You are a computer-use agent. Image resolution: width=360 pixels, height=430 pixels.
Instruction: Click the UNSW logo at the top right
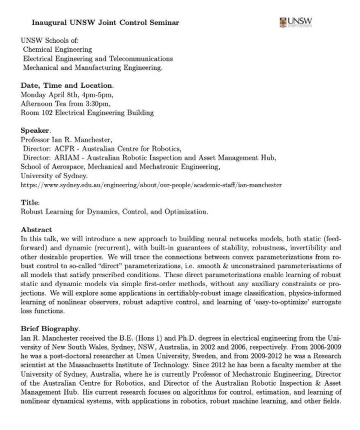click(296, 22)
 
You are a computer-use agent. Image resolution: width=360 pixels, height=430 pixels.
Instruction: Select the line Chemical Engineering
click(57, 49)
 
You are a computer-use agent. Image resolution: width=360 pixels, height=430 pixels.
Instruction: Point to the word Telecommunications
click(141, 58)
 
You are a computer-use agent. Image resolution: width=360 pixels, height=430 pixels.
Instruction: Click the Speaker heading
click(35, 130)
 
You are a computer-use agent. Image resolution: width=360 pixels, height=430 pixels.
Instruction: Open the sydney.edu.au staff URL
click(151, 185)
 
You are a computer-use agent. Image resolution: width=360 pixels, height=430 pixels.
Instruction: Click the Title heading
click(29, 202)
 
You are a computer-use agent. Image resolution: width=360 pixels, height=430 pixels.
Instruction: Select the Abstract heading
click(36, 229)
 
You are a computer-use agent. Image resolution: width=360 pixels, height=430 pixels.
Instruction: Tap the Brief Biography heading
click(49, 328)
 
